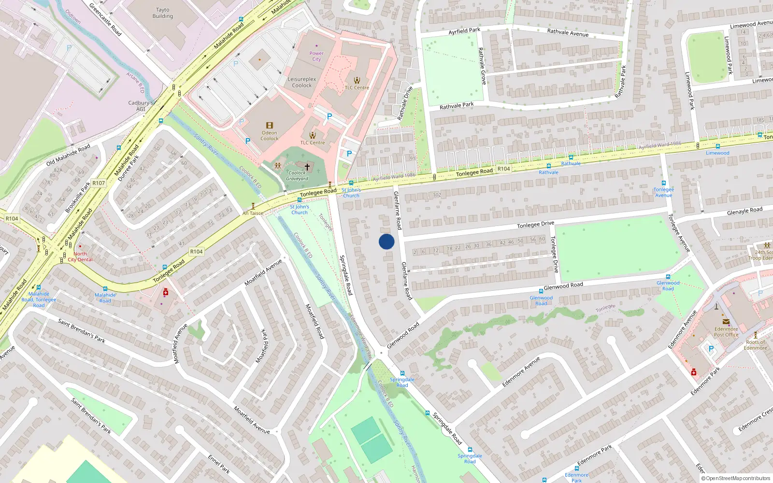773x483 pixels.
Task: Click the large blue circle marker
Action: (x=386, y=241)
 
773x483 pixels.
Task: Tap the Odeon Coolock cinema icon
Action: (x=270, y=126)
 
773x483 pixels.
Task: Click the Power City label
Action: (x=316, y=56)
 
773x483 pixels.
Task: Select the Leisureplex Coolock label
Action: (x=302, y=82)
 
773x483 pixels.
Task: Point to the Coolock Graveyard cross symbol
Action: (x=307, y=167)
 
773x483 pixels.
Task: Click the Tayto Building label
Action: (x=163, y=13)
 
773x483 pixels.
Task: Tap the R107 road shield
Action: (x=99, y=183)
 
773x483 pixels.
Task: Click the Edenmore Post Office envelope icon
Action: (x=726, y=322)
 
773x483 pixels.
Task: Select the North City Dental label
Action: (x=80, y=256)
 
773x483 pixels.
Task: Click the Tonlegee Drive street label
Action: (x=535, y=225)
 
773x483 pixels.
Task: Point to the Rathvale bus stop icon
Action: (x=571, y=157)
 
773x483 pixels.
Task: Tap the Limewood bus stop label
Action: (x=717, y=153)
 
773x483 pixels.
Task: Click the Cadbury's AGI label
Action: (x=141, y=106)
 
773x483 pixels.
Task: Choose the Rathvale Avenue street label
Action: (x=568, y=33)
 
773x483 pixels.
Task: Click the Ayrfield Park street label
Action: (x=464, y=31)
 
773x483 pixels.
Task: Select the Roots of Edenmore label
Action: (x=756, y=345)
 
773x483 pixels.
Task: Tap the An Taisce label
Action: (x=253, y=213)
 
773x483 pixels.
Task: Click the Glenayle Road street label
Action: (x=744, y=211)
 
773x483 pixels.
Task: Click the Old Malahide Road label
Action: (x=68, y=155)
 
